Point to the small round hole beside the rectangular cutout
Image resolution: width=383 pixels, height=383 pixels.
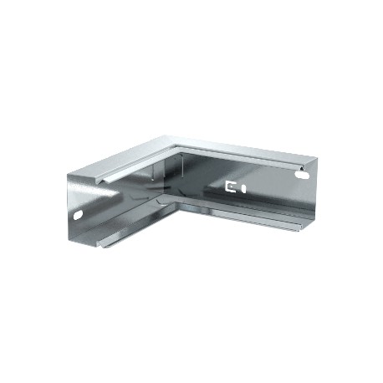point(243,187)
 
